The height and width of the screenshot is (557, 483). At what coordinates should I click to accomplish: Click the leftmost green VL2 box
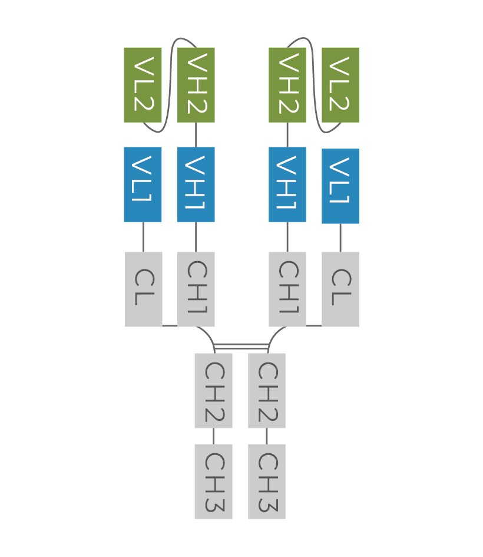tap(143, 85)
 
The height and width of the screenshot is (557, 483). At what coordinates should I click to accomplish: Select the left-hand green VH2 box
tap(196, 85)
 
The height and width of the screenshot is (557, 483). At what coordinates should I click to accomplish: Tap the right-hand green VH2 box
tap(287, 85)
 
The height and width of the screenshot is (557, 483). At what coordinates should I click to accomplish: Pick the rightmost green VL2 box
tap(340, 85)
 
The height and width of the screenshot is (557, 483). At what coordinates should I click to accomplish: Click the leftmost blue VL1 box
tap(143, 184)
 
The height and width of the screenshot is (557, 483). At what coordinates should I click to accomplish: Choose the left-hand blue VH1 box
tap(196, 184)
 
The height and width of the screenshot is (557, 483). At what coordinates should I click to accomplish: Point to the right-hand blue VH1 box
tap(287, 184)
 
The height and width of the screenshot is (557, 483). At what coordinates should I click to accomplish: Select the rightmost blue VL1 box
tap(340, 186)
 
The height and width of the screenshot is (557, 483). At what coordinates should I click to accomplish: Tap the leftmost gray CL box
tap(143, 289)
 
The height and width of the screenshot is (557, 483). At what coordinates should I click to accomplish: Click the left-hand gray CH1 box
tap(196, 289)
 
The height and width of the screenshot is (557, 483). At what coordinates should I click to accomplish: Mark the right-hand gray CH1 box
tap(287, 289)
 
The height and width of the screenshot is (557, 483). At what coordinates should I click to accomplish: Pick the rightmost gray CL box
tap(340, 289)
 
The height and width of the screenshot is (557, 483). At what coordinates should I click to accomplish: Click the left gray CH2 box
tap(213, 391)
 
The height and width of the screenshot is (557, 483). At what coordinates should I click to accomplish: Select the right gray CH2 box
tap(267, 391)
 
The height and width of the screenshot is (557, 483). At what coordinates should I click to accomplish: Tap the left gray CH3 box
tap(213, 482)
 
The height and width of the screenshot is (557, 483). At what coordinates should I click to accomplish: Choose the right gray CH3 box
tap(267, 482)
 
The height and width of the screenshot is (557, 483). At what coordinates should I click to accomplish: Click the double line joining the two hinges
tap(241, 346)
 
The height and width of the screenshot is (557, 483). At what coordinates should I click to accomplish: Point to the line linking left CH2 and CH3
tap(213, 436)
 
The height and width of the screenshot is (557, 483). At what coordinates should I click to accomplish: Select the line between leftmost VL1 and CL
tap(143, 237)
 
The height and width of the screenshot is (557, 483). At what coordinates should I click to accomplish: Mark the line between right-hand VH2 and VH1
tap(287, 134)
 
